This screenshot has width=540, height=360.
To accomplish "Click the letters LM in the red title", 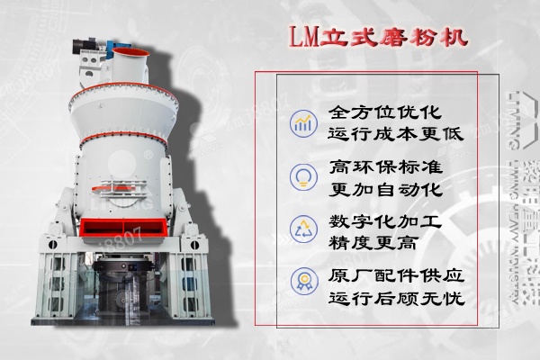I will (302, 40).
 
